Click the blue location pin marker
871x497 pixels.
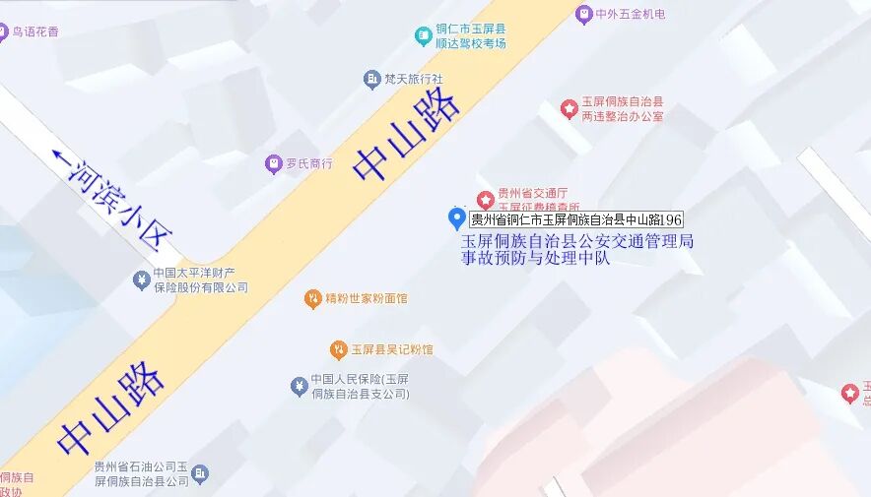pyautogui.click(x=456, y=218)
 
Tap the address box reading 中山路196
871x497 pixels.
pyautogui.click(x=576, y=219)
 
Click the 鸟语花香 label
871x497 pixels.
pyautogui.click(x=34, y=31)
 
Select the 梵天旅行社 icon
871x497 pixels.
pyautogui.click(x=371, y=79)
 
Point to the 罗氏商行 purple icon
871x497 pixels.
pyautogui.click(x=274, y=163)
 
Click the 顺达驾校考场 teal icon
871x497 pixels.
pyautogui.click(x=424, y=36)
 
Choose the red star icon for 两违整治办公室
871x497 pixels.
pyautogui.click(x=569, y=109)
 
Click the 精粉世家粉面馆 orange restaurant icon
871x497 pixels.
pyautogui.click(x=312, y=298)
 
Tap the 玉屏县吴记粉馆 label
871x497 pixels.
pyautogui.click(x=391, y=349)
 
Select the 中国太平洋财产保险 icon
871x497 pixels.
pyautogui.click(x=141, y=280)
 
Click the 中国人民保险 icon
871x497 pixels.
pyautogui.click(x=299, y=386)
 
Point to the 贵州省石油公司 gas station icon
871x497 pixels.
pyautogui.click(x=200, y=474)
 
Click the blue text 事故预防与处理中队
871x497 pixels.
pyautogui.click(x=536, y=259)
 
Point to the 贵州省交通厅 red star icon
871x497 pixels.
pyautogui.click(x=485, y=200)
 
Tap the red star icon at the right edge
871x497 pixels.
pyautogui.click(x=849, y=394)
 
